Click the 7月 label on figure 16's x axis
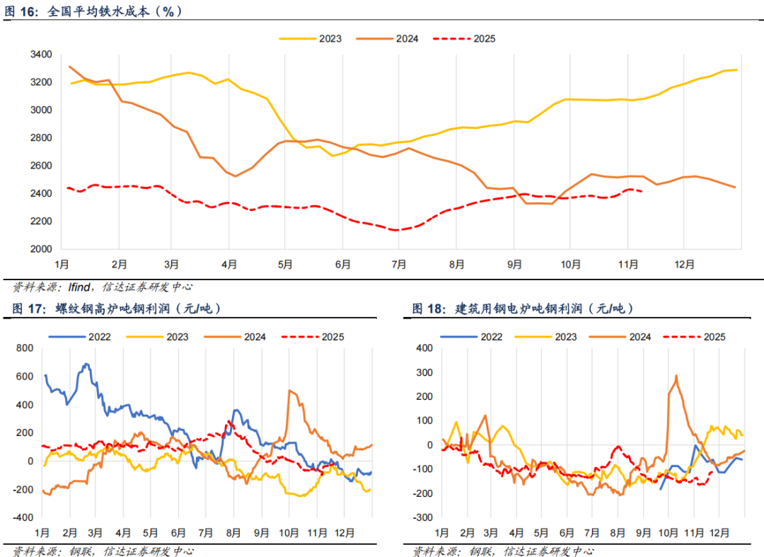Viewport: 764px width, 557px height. [x=399, y=265]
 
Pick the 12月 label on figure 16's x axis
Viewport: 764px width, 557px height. [x=683, y=265]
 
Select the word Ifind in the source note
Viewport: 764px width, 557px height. [x=79, y=287]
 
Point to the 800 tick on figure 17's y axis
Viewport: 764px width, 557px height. [x=25, y=348]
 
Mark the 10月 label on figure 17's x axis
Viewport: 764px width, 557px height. [x=289, y=532]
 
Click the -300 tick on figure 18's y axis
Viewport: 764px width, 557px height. [x=423, y=517]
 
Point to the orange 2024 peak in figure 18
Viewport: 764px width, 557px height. [x=676, y=376]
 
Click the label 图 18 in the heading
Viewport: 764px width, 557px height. [x=427, y=309]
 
